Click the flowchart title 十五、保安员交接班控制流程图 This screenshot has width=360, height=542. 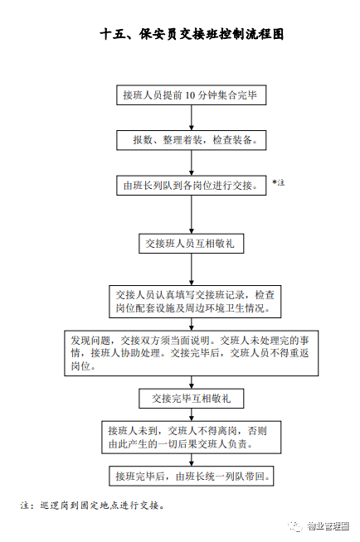click(x=192, y=34)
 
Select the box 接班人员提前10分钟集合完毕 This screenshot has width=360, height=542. click(x=192, y=95)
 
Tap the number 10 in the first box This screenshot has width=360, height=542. click(x=190, y=95)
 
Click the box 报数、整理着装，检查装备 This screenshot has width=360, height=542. click(x=192, y=140)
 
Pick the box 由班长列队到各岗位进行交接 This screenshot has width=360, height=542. click(x=192, y=186)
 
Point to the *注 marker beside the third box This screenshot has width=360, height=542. click(x=279, y=182)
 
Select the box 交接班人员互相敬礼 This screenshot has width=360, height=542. click(x=192, y=244)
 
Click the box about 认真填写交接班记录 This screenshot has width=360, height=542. click(x=195, y=302)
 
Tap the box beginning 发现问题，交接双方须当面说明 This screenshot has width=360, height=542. click(x=192, y=353)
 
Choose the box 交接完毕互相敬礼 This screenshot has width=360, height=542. click(x=192, y=399)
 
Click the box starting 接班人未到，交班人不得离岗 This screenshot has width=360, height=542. click(x=192, y=438)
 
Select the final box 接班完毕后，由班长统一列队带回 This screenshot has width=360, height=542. click(x=192, y=477)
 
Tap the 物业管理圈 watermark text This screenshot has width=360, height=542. click(x=328, y=526)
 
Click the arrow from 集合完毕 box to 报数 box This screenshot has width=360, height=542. click(x=192, y=118)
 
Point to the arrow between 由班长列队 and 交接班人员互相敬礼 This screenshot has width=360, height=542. click(x=192, y=215)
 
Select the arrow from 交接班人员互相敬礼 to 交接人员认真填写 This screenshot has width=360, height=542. click(x=192, y=269)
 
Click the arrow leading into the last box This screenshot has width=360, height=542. click(x=192, y=460)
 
